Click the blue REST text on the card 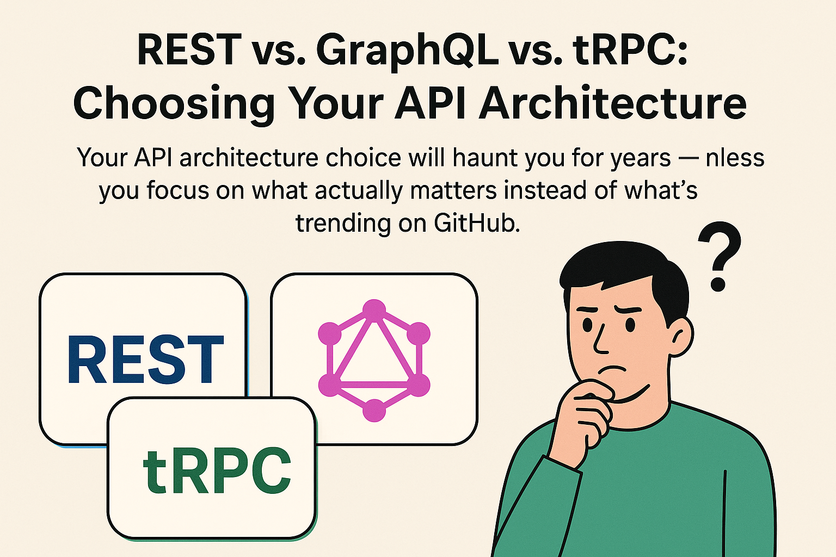pyautogui.click(x=145, y=359)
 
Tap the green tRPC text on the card pyautogui.click(x=217, y=471)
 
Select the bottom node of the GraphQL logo pyautogui.click(x=374, y=410)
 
